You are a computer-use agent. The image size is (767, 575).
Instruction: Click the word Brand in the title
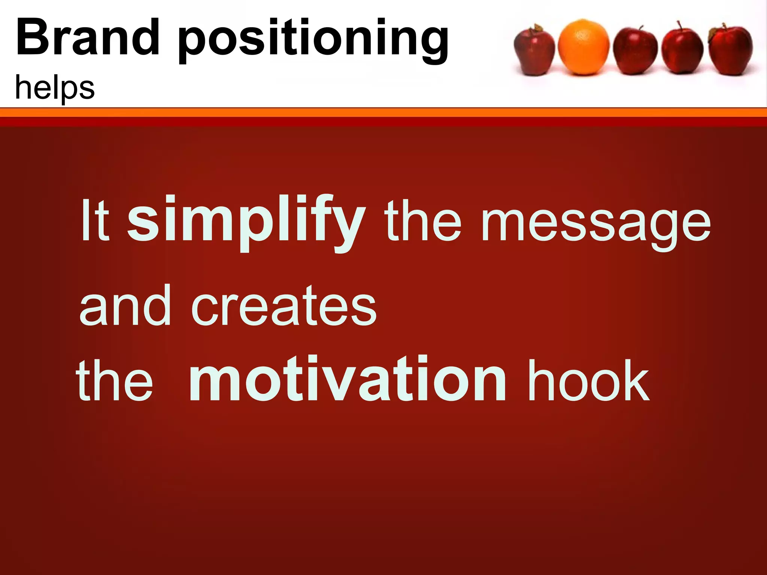click(88, 37)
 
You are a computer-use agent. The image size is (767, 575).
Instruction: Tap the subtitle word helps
click(55, 88)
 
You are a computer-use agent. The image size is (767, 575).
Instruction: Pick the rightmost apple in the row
click(731, 51)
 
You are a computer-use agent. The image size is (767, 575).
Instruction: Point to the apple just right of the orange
click(634, 52)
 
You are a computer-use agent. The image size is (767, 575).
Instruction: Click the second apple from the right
click(682, 52)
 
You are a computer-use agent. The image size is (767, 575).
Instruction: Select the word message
click(595, 225)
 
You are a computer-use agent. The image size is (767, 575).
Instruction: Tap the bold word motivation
click(347, 380)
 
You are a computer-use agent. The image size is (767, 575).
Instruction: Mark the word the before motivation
click(114, 380)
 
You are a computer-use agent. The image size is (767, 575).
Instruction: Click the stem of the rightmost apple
click(724, 27)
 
